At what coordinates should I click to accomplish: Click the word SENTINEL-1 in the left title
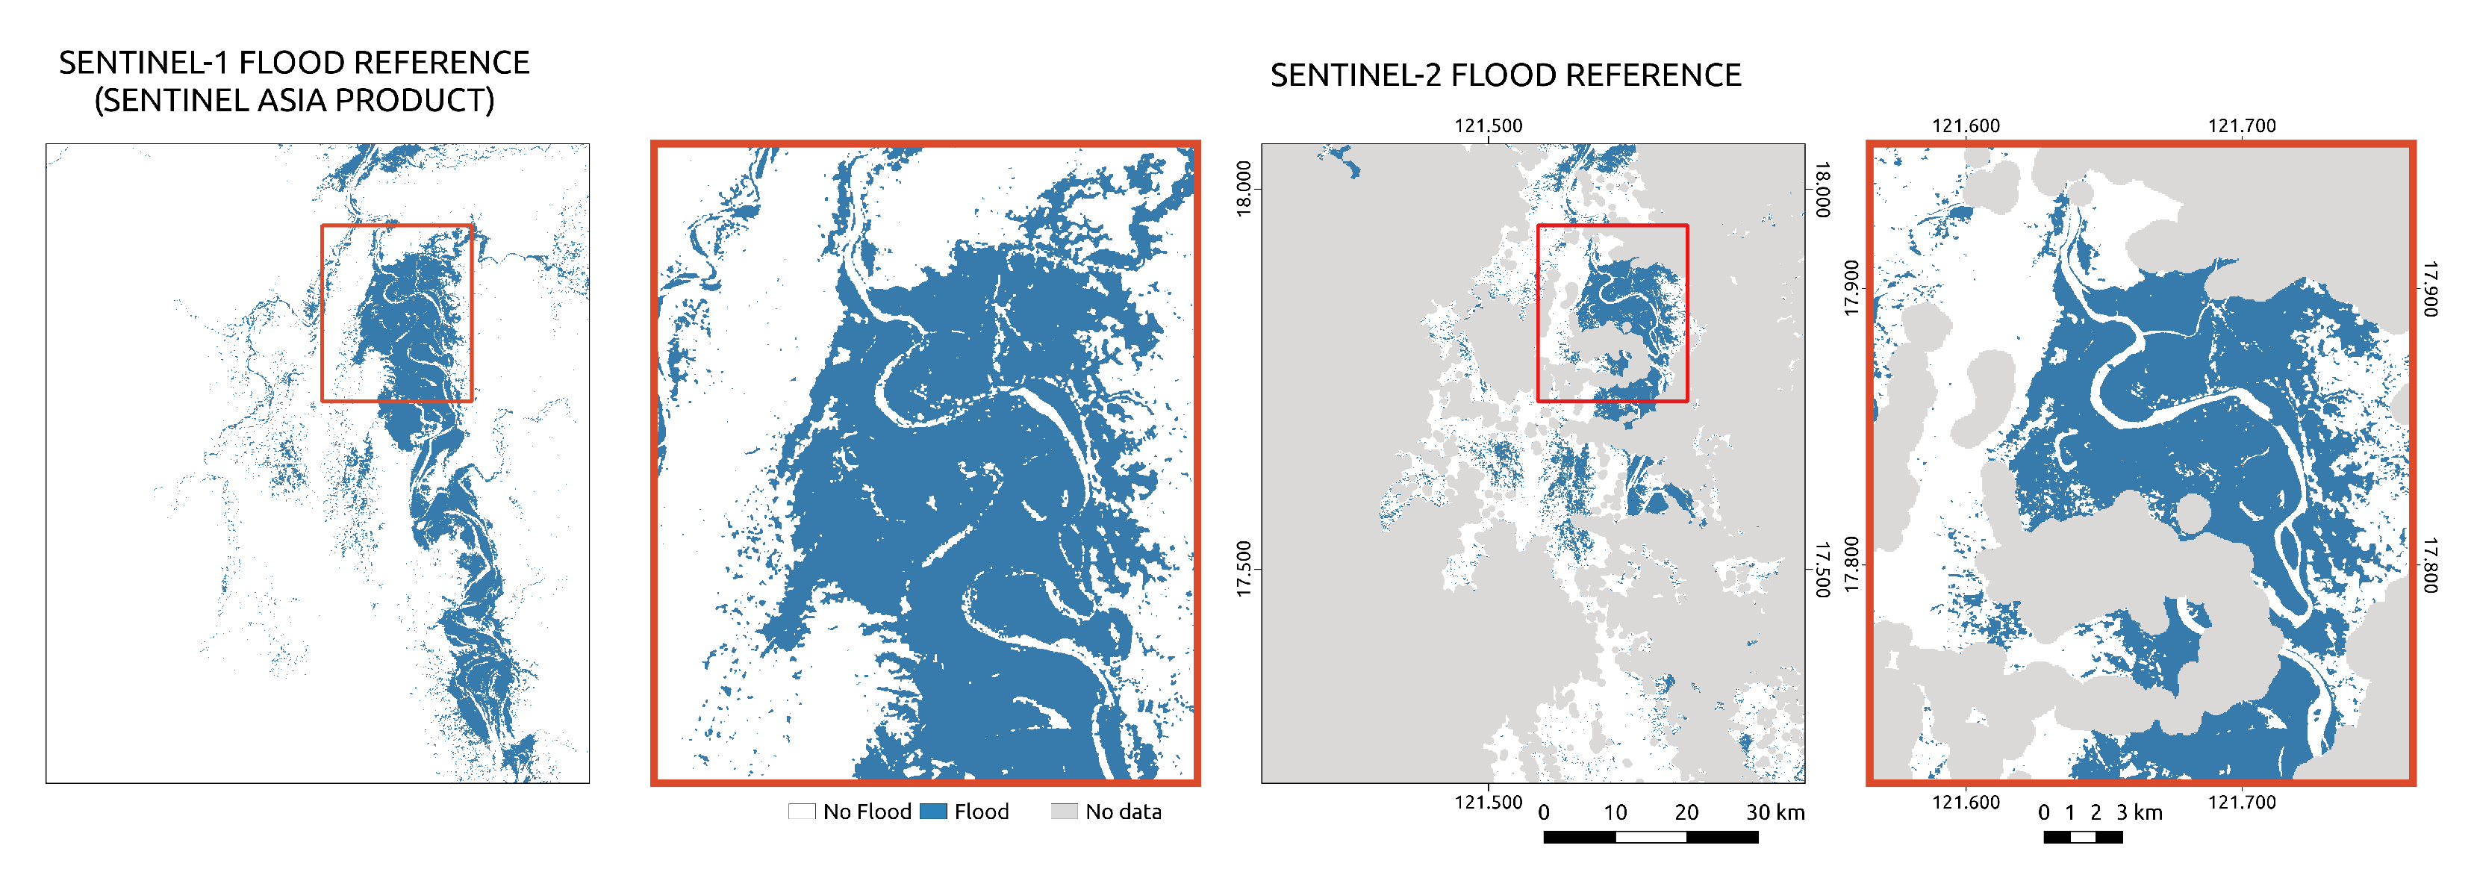(144, 63)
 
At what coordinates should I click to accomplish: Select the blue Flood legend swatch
(933, 812)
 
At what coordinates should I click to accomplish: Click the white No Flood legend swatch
(802, 812)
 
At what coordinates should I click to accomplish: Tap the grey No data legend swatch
(1064, 812)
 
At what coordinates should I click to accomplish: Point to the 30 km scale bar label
(1775, 812)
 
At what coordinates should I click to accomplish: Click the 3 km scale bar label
(2139, 812)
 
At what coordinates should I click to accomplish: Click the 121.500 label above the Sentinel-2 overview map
(1488, 126)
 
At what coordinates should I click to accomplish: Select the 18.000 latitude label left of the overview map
(1244, 189)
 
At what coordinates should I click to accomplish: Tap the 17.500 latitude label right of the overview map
(1822, 570)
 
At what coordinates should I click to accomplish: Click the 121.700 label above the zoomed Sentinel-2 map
(2242, 126)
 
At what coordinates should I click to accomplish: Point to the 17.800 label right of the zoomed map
(2430, 564)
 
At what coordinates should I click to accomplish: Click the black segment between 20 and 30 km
(1722, 838)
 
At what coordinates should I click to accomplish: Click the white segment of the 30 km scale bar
(1651, 838)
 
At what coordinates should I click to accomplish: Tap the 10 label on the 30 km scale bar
(1615, 812)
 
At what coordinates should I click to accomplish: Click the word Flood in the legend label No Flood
(885, 812)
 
